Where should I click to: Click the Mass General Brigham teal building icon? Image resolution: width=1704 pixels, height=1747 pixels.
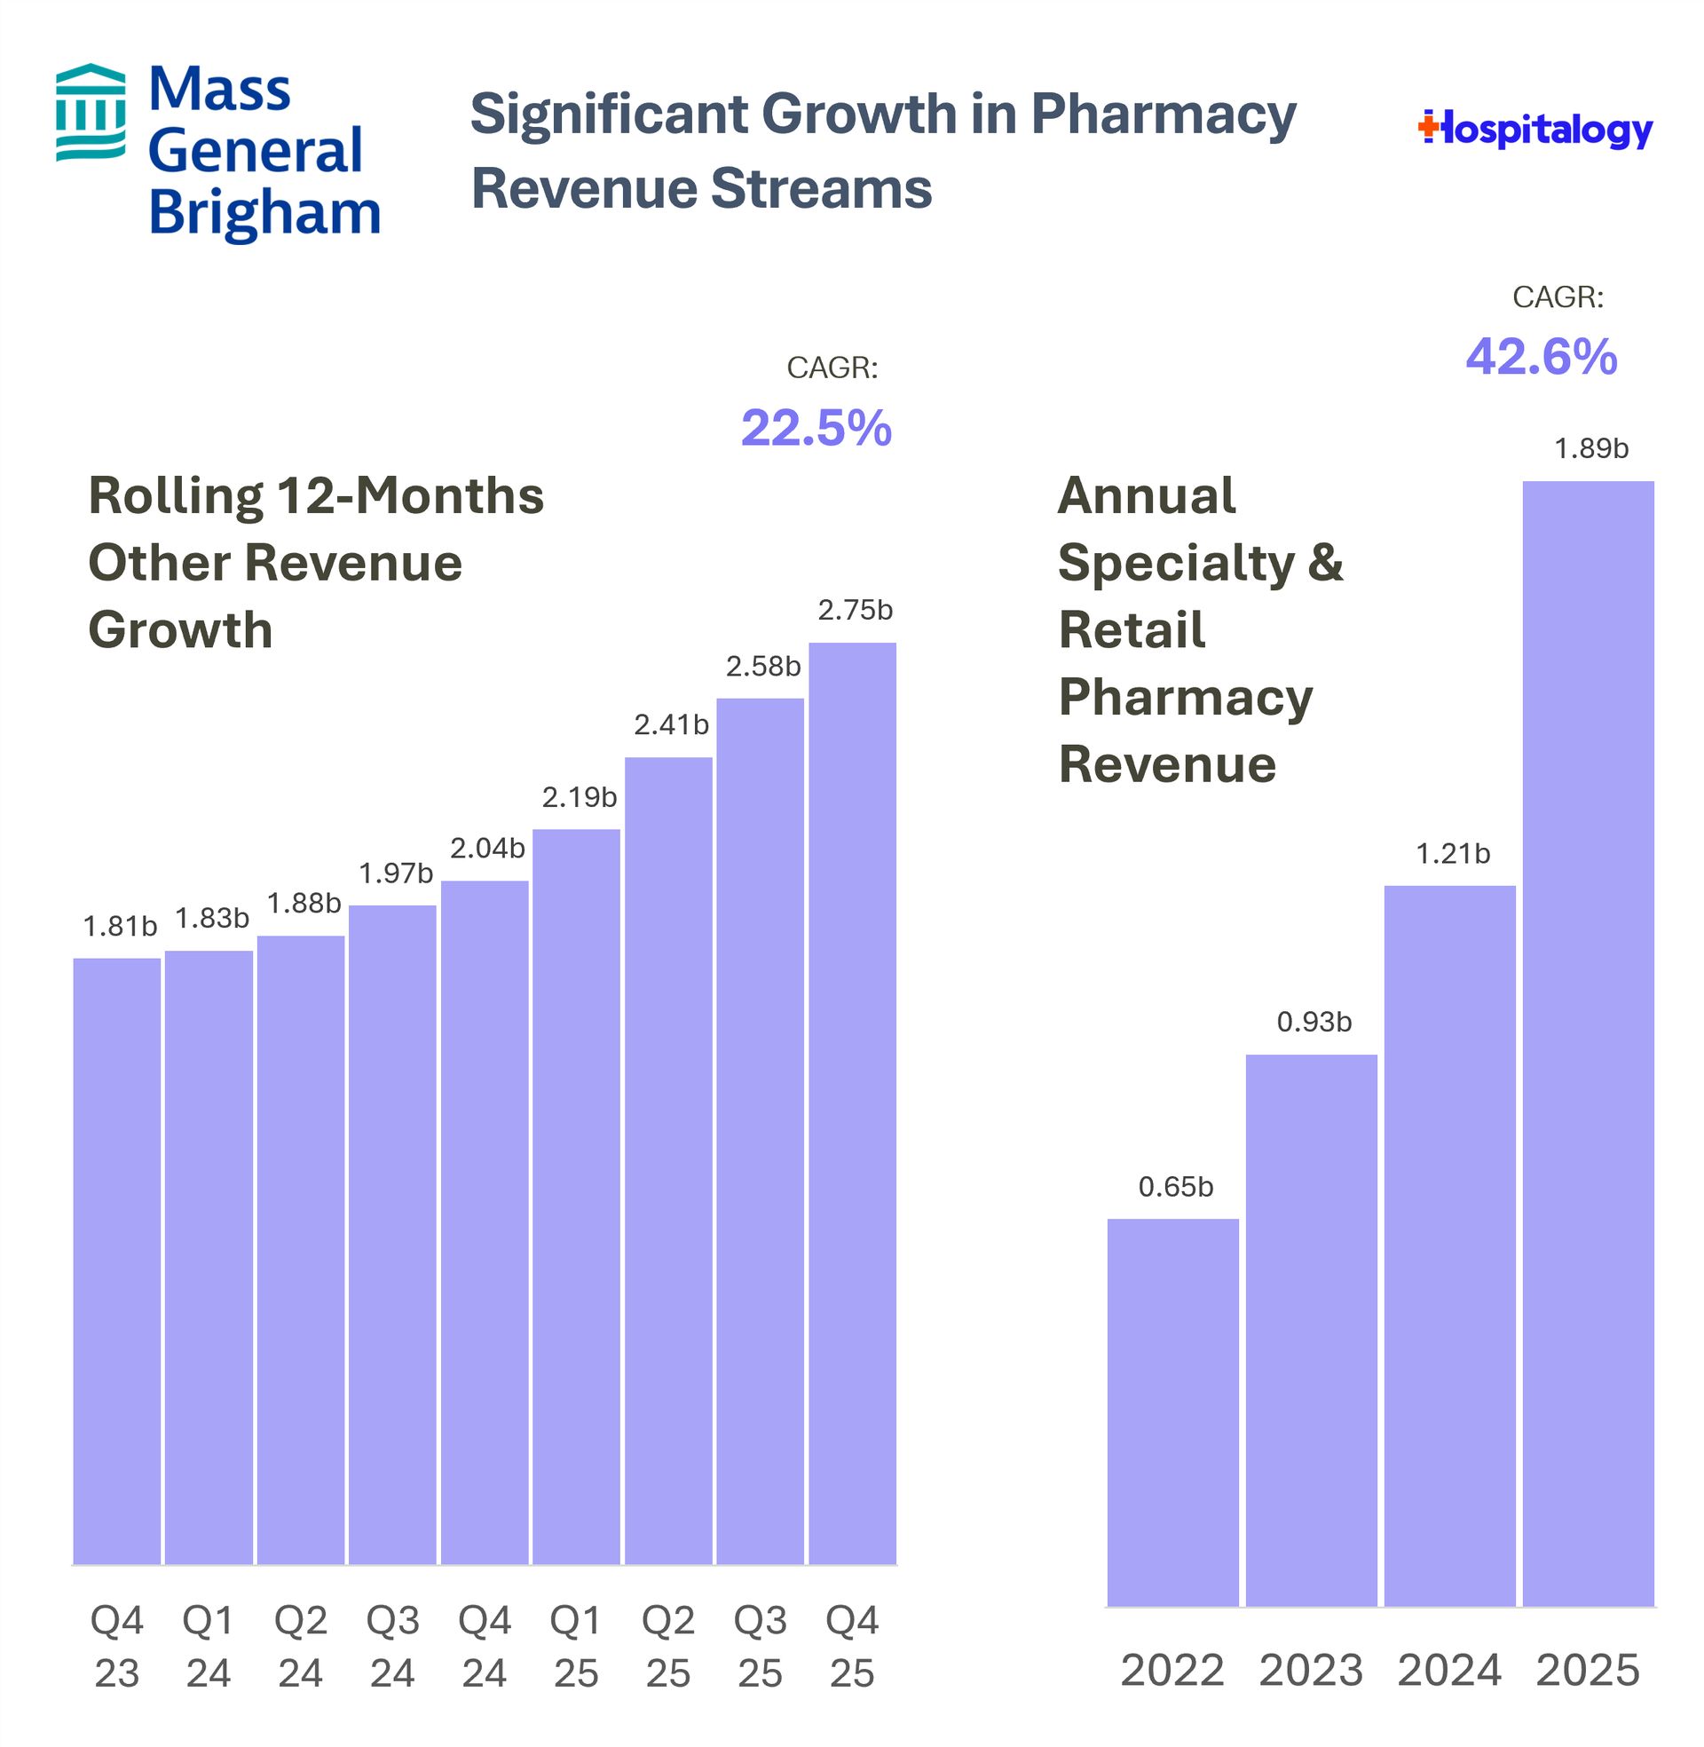[x=91, y=112]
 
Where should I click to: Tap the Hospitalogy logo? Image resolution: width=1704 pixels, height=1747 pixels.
[x=1534, y=130]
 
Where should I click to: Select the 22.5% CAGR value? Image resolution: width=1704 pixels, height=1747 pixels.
[x=816, y=428]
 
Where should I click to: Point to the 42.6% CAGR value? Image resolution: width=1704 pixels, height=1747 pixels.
[x=1541, y=357]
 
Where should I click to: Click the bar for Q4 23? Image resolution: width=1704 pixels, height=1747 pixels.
[x=117, y=1262]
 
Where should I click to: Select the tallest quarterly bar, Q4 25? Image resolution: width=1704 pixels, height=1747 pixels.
[x=852, y=1104]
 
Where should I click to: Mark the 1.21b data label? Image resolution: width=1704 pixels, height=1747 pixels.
[x=1453, y=854]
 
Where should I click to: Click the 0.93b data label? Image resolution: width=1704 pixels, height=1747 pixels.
[x=1313, y=1022]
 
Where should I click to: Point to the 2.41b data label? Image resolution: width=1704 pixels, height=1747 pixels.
[x=671, y=725]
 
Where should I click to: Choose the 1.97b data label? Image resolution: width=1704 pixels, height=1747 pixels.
[x=396, y=873]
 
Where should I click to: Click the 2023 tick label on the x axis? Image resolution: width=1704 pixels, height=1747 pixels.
[x=1311, y=1671]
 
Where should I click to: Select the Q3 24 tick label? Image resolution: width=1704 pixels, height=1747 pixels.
[x=393, y=1647]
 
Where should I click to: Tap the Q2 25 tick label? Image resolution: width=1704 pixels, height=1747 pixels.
[x=668, y=1647]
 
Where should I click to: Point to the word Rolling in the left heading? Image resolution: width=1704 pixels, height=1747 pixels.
[x=176, y=496]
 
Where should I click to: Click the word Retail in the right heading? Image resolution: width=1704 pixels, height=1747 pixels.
[x=1132, y=629]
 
